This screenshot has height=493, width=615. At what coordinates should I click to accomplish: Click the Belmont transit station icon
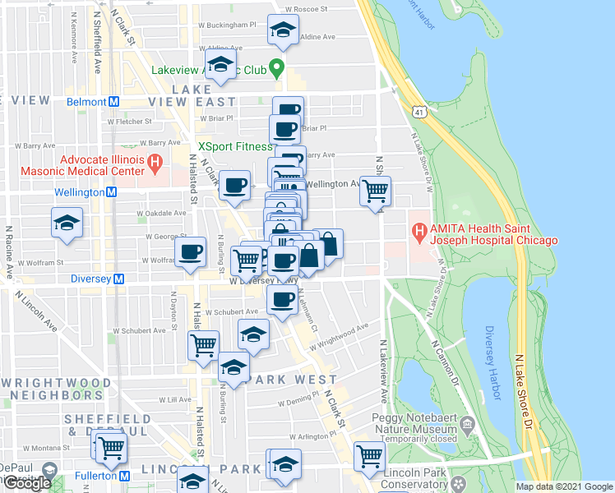coord(114,102)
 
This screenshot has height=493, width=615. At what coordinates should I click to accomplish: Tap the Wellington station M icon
coord(110,192)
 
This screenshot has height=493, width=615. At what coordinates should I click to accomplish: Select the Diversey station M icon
coord(119,279)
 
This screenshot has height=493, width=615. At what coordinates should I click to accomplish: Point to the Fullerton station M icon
coord(124,476)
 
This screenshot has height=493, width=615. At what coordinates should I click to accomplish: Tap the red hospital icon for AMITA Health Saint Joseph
coord(419,233)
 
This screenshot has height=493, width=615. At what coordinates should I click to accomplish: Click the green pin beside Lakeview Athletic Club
coord(278,69)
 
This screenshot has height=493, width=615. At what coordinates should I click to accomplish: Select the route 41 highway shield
coord(420,111)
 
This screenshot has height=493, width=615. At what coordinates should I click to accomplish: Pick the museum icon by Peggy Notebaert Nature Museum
coord(468,425)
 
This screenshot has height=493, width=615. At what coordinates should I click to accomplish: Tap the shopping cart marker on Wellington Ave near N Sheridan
coord(376,191)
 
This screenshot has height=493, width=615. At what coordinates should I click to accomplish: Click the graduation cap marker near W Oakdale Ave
coord(67,222)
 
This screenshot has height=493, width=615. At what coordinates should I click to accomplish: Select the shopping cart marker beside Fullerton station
coord(110,449)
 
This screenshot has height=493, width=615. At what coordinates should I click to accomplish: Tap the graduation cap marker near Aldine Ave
coord(283,31)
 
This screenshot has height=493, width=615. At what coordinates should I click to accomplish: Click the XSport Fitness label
coord(235,146)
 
